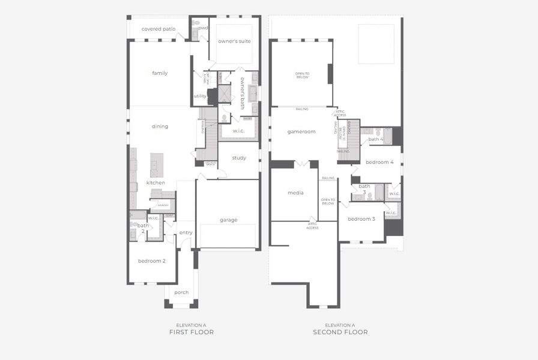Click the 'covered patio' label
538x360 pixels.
click(159, 29)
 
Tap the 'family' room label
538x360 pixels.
click(160, 73)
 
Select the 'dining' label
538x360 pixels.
click(160, 127)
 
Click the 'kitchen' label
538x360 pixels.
click(156, 182)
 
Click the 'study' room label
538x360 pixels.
click(239, 158)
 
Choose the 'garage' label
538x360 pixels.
click(228, 220)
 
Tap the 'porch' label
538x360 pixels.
click(181, 293)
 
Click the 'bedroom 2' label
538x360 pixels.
click(151, 261)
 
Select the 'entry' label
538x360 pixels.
click(186, 233)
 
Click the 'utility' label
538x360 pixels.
click(200, 96)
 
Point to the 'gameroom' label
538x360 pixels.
click(301, 131)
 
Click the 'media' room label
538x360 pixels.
click(295, 193)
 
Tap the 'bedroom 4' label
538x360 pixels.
click(379, 163)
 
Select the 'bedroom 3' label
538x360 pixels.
click(361, 219)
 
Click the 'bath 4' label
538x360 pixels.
click(376, 139)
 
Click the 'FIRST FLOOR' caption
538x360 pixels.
click(191, 332)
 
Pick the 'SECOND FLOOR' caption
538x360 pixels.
click(340, 332)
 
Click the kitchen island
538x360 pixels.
click(157, 165)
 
